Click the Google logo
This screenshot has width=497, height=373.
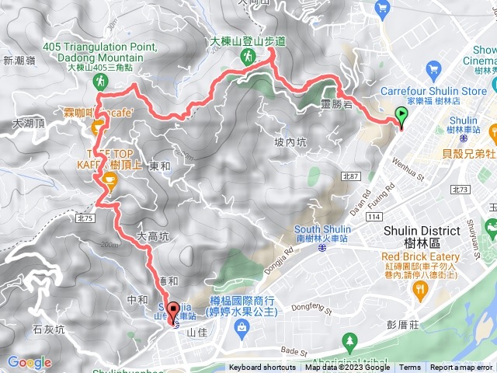[30, 362]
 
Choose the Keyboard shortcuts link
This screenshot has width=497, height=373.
[262, 368]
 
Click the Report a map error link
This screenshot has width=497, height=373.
[461, 368]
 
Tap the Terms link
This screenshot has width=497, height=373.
[410, 368]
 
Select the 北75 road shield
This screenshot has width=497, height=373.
[85, 218]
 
